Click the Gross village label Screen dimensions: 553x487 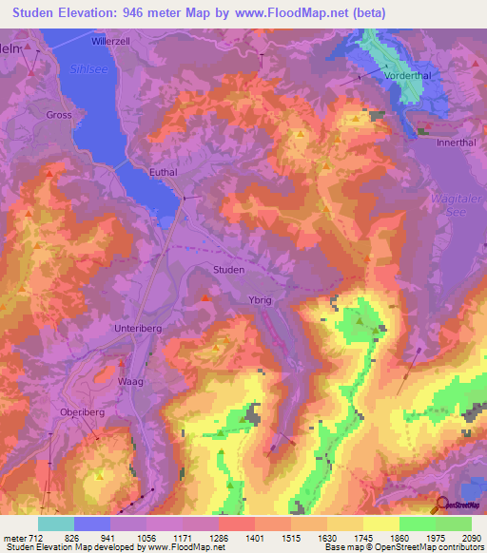(58, 115)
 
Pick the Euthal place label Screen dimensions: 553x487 (165, 173)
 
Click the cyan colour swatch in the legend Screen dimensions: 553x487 (56, 524)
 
